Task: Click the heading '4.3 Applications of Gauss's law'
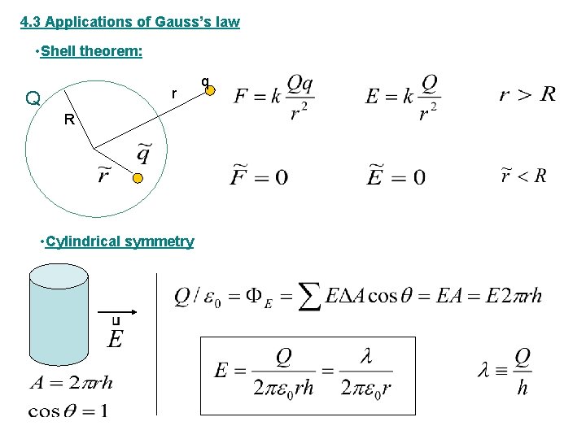click(130, 22)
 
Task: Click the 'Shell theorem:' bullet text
click(92, 52)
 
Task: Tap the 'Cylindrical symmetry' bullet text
click(120, 241)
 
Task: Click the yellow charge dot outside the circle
click(209, 90)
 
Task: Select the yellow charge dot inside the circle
click(138, 178)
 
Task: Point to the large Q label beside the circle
click(33, 99)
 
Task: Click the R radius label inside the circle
click(69, 120)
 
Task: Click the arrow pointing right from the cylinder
click(117, 311)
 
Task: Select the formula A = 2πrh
click(71, 382)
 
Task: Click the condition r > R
click(527, 94)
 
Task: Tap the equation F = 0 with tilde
click(260, 176)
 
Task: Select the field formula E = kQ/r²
click(402, 96)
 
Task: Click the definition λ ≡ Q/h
click(505, 372)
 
